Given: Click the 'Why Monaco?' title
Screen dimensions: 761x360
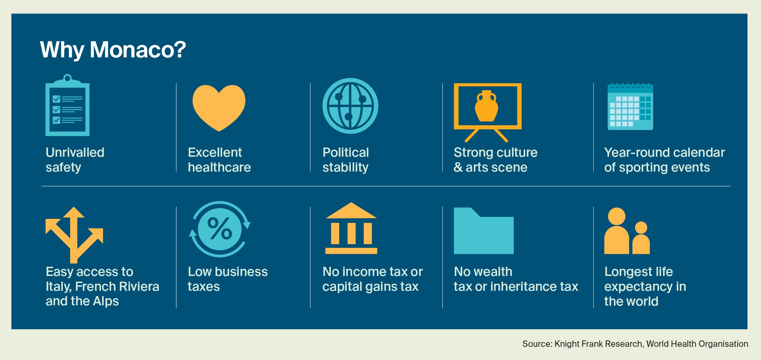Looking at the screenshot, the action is click(x=113, y=50).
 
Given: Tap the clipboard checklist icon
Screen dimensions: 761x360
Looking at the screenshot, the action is click(x=68, y=105).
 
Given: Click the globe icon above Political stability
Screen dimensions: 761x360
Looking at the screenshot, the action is click(x=350, y=106).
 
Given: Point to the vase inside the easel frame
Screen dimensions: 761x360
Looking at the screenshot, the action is click(x=486, y=106).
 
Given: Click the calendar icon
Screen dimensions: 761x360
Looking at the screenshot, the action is click(x=630, y=107).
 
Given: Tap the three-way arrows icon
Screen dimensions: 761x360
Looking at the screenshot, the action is click(x=74, y=235).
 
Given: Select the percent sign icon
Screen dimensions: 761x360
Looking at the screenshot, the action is click(x=219, y=229).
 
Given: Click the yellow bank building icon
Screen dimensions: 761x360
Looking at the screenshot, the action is click(x=351, y=228).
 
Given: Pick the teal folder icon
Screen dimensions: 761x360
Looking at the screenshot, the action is click(x=484, y=231).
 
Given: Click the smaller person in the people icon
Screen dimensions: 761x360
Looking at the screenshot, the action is click(x=641, y=238).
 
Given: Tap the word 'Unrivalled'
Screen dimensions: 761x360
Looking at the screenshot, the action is click(x=75, y=152).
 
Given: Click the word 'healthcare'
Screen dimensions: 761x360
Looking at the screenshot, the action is click(x=219, y=167).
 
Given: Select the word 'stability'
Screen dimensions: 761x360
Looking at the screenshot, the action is click(x=345, y=168).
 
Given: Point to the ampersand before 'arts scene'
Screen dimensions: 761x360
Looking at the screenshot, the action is click(x=458, y=167).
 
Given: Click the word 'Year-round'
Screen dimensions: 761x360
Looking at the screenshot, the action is click(x=636, y=153).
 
